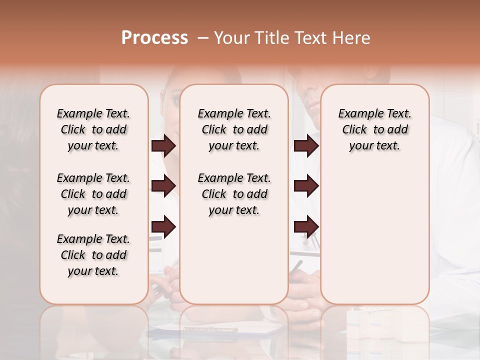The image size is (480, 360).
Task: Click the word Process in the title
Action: [154, 37]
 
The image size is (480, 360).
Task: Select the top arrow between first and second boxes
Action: [163, 146]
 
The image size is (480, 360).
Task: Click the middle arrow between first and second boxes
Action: [163, 186]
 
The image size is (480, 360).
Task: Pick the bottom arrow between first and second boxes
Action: [163, 226]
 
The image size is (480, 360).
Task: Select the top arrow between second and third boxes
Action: [306, 146]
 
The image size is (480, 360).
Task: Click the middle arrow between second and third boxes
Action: [306, 186]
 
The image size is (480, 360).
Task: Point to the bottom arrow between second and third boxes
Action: [306, 226]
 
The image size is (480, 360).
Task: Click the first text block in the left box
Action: [93, 129]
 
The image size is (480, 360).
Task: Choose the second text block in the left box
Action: [93, 194]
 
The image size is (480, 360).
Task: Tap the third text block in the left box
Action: [93, 255]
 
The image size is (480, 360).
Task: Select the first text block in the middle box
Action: [234, 129]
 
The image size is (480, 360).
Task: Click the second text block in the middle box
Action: [234, 194]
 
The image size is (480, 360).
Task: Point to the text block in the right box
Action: [375, 129]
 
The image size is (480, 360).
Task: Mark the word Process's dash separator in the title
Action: [203, 37]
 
